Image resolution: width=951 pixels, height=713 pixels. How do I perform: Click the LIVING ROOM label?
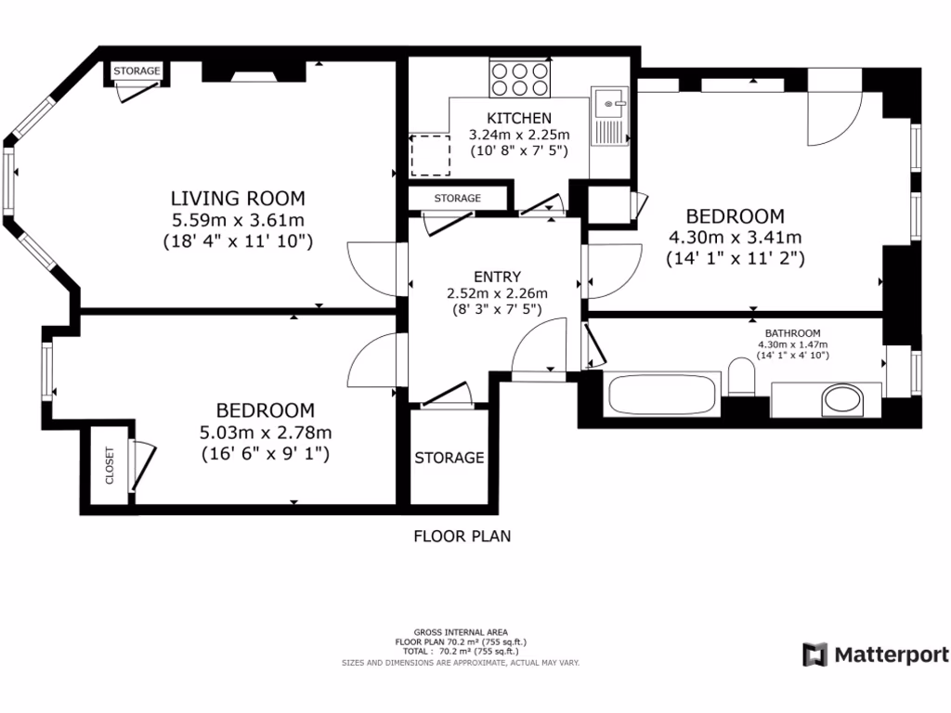[238, 198]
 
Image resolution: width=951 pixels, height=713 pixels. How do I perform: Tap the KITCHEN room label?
[520, 118]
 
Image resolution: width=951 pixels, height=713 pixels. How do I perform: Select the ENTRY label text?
[497, 277]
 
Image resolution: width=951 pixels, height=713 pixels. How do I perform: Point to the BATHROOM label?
[792, 333]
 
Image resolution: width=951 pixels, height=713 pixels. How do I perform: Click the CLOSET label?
[110, 466]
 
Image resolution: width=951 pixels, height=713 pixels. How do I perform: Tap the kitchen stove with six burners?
[520, 78]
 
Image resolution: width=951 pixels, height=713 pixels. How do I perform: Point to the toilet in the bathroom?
[741, 381]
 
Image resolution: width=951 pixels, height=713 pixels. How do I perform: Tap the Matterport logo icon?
[814, 654]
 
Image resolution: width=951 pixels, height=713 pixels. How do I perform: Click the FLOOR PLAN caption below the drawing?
[462, 536]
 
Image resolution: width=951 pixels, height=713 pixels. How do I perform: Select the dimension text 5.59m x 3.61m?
[239, 220]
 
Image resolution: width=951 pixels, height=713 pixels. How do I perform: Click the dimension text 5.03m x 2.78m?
[266, 432]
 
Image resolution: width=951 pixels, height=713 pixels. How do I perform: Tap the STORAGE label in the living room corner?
[137, 71]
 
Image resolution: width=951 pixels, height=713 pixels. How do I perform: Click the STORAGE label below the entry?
[449, 457]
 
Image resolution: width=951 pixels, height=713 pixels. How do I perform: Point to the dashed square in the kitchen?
[431, 155]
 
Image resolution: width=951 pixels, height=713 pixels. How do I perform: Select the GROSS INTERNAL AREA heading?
[462, 632]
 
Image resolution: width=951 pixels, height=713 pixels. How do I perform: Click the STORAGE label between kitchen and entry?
[458, 199]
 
